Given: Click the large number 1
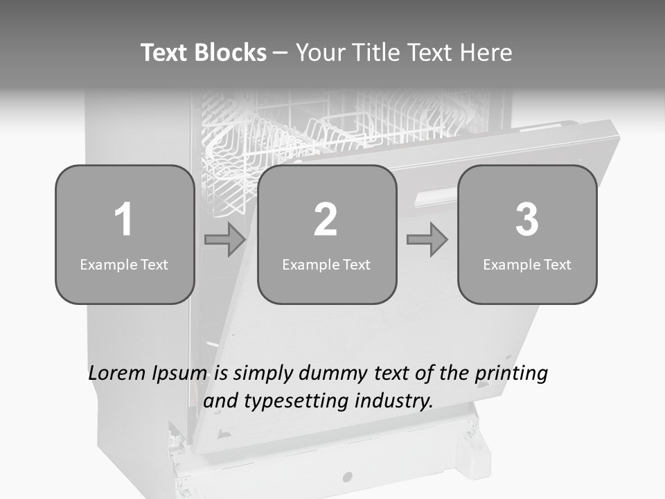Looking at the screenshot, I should tap(123, 220).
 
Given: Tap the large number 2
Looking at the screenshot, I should tap(326, 220).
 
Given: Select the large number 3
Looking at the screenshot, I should tap(527, 220).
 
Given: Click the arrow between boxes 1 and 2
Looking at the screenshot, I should tap(225, 240).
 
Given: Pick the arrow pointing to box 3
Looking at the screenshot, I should tap(427, 240).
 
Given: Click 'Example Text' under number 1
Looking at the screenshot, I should tap(124, 264).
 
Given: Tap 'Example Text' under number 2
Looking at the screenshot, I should tap(326, 264).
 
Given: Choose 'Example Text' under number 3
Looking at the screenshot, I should tap(527, 264).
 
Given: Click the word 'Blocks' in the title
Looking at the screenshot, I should tap(230, 53).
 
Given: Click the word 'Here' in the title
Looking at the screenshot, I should tap(487, 53).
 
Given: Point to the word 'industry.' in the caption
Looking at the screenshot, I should tap(394, 401).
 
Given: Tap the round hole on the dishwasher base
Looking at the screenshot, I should tap(348, 477).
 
